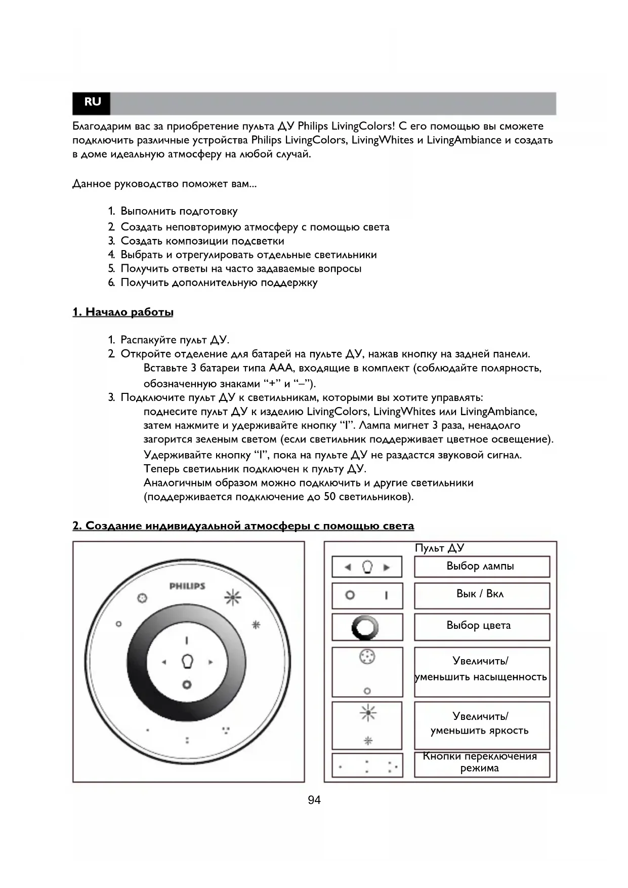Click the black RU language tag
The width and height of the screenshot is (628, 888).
[92, 102]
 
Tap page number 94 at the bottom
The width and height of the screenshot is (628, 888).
[314, 800]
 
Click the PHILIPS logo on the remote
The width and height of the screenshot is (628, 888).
[187, 586]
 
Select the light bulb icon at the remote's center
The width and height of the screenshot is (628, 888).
[187, 661]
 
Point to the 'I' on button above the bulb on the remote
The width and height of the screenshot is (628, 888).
[187, 640]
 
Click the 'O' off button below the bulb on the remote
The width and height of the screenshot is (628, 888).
[187, 684]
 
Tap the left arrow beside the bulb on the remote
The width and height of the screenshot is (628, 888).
[163, 662]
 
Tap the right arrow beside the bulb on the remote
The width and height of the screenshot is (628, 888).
[211, 662]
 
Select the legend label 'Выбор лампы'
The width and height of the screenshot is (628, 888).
[480, 566]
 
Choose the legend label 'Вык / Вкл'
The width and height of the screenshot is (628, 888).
[480, 594]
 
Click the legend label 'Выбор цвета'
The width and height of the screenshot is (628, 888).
[478, 625]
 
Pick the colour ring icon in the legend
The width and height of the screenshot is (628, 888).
[365, 628]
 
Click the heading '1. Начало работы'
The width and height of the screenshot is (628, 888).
[123, 312]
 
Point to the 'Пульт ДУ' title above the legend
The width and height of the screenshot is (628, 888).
[439, 548]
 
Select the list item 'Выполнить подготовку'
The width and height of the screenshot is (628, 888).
[179, 211]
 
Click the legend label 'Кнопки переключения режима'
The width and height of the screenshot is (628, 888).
[480, 762]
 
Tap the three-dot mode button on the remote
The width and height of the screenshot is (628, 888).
[226, 730]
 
